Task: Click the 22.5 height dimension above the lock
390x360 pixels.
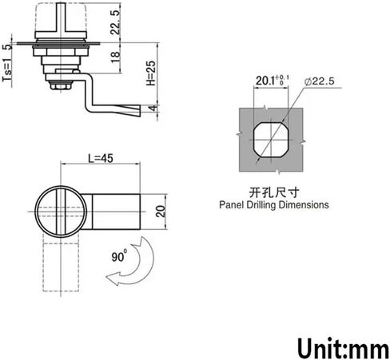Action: click(116, 22)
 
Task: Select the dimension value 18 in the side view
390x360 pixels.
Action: click(116, 57)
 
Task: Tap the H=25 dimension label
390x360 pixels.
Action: click(151, 73)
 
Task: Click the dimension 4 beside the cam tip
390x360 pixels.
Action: click(153, 109)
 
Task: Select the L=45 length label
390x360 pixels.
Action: click(101, 158)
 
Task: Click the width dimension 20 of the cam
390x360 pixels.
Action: click(161, 212)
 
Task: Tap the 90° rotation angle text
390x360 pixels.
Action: click(119, 256)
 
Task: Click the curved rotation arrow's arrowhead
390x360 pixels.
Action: click(113, 279)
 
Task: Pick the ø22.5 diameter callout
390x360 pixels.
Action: click(319, 81)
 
